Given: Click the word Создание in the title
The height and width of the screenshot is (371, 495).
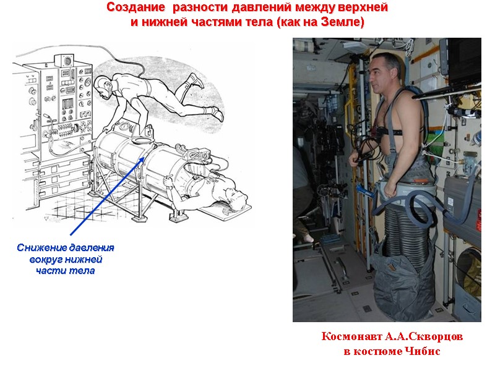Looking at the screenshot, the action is point(136,7).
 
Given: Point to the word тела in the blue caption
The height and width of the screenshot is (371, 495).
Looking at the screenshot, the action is point(82,271).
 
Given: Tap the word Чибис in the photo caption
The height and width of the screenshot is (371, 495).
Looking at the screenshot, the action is point(423,351).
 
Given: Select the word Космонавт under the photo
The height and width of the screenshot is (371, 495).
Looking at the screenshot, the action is point(351,336).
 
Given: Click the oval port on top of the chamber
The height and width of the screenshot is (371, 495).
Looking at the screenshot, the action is point(142,140).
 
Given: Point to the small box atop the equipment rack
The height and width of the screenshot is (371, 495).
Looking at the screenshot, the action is point(64,60).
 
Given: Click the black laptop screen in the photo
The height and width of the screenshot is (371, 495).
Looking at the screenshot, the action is point(464,61).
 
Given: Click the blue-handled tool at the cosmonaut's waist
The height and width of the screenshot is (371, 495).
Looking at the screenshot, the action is point(366,191).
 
